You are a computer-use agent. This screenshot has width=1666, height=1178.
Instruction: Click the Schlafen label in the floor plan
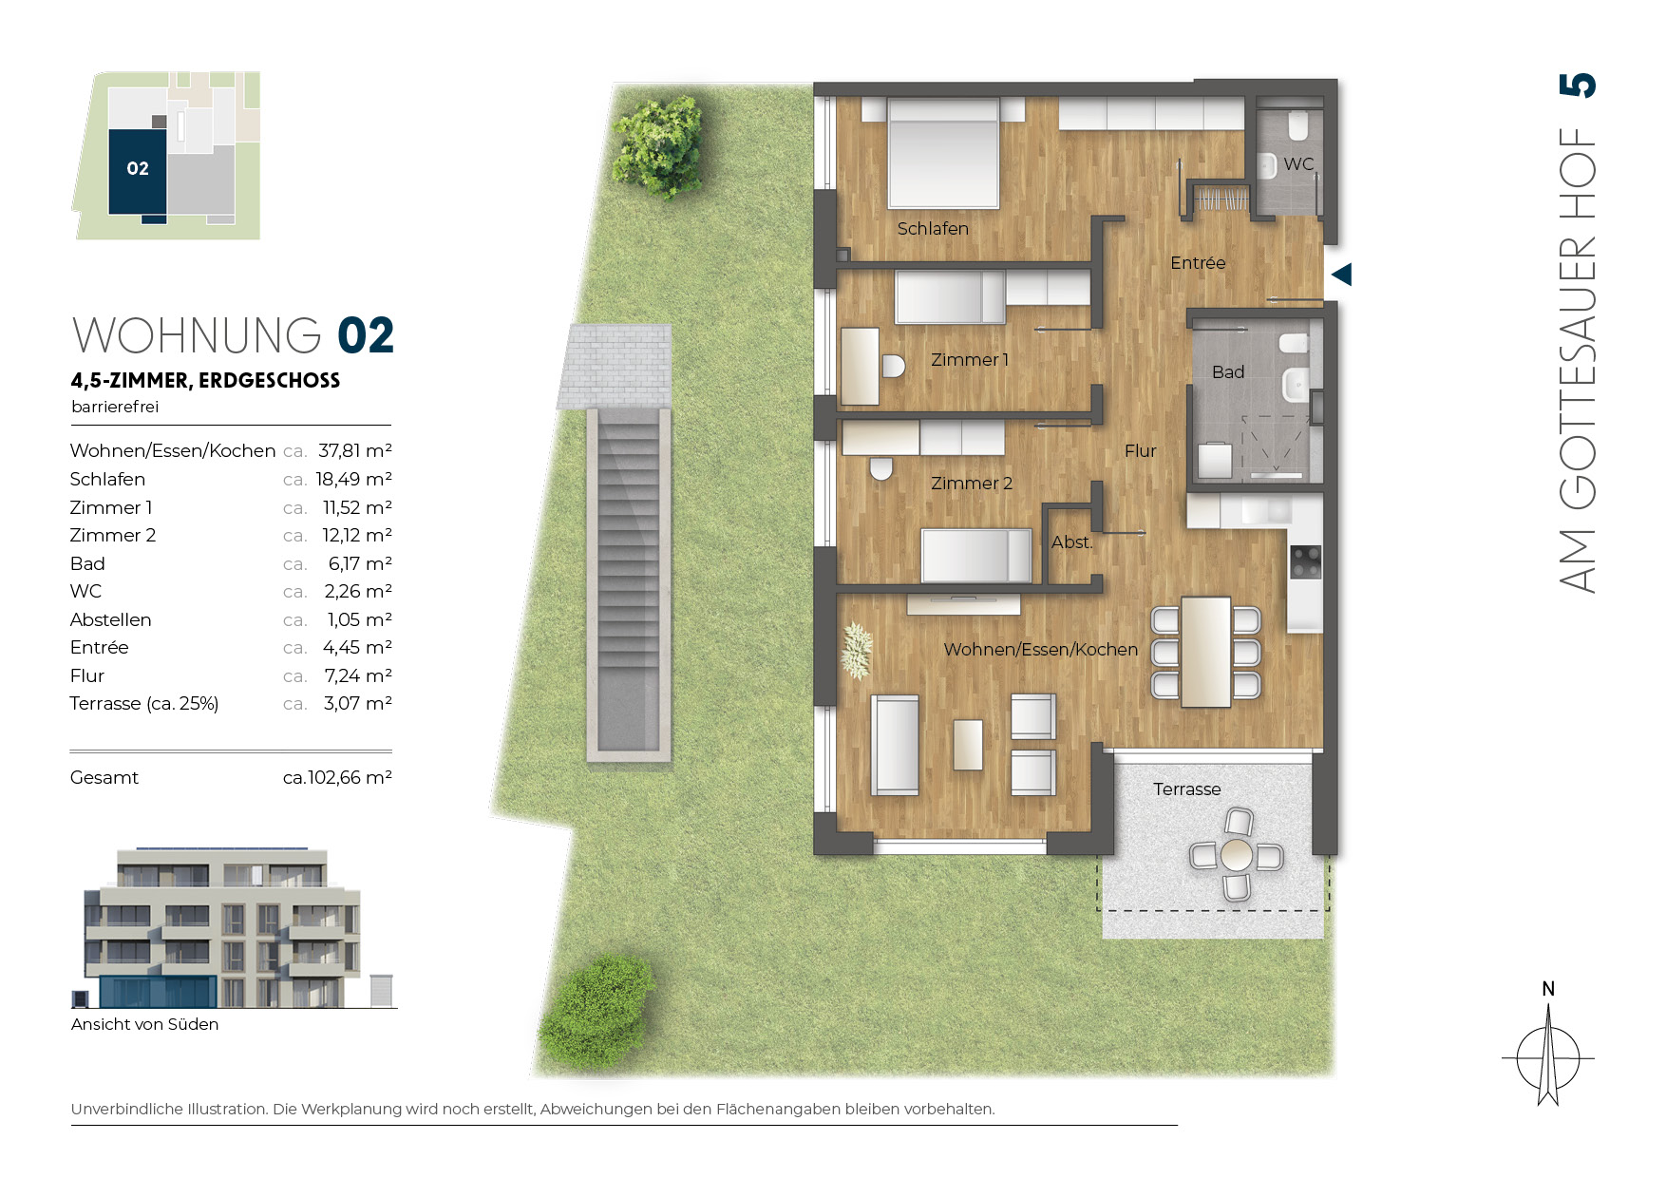[933, 229]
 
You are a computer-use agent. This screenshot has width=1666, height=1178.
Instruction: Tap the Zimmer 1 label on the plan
[969, 360]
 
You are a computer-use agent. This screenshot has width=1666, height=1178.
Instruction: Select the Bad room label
[1227, 372]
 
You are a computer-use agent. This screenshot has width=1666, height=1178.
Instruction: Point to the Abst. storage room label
[1071, 542]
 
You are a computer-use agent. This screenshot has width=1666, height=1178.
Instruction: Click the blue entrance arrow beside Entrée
[1341, 275]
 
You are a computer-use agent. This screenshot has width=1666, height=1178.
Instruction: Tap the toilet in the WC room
[1298, 124]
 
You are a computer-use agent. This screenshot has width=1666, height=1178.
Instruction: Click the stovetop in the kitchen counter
[1306, 560]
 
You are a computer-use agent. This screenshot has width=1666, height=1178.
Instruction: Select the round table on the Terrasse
[1237, 855]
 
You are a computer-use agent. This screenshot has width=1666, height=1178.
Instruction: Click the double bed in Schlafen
[943, 152]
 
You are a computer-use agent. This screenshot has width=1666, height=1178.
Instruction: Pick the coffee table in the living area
[968, 745]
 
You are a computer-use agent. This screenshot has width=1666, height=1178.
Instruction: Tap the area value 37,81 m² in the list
[354, 450]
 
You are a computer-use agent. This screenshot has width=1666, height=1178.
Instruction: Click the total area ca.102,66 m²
[337, 777]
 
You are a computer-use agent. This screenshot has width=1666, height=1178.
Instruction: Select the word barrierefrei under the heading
[115, 407]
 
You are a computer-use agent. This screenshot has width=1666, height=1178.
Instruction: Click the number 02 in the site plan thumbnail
[138, 168]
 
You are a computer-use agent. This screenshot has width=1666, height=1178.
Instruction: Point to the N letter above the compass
[1548, 989]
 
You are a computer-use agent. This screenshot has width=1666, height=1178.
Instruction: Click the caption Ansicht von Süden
[144, 1024]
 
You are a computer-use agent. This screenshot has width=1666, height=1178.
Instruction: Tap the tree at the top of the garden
[658, 145]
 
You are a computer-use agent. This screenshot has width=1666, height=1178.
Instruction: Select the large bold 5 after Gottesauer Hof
[1578, 85]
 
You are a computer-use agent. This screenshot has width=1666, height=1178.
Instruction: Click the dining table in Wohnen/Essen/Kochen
[1206, 652]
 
